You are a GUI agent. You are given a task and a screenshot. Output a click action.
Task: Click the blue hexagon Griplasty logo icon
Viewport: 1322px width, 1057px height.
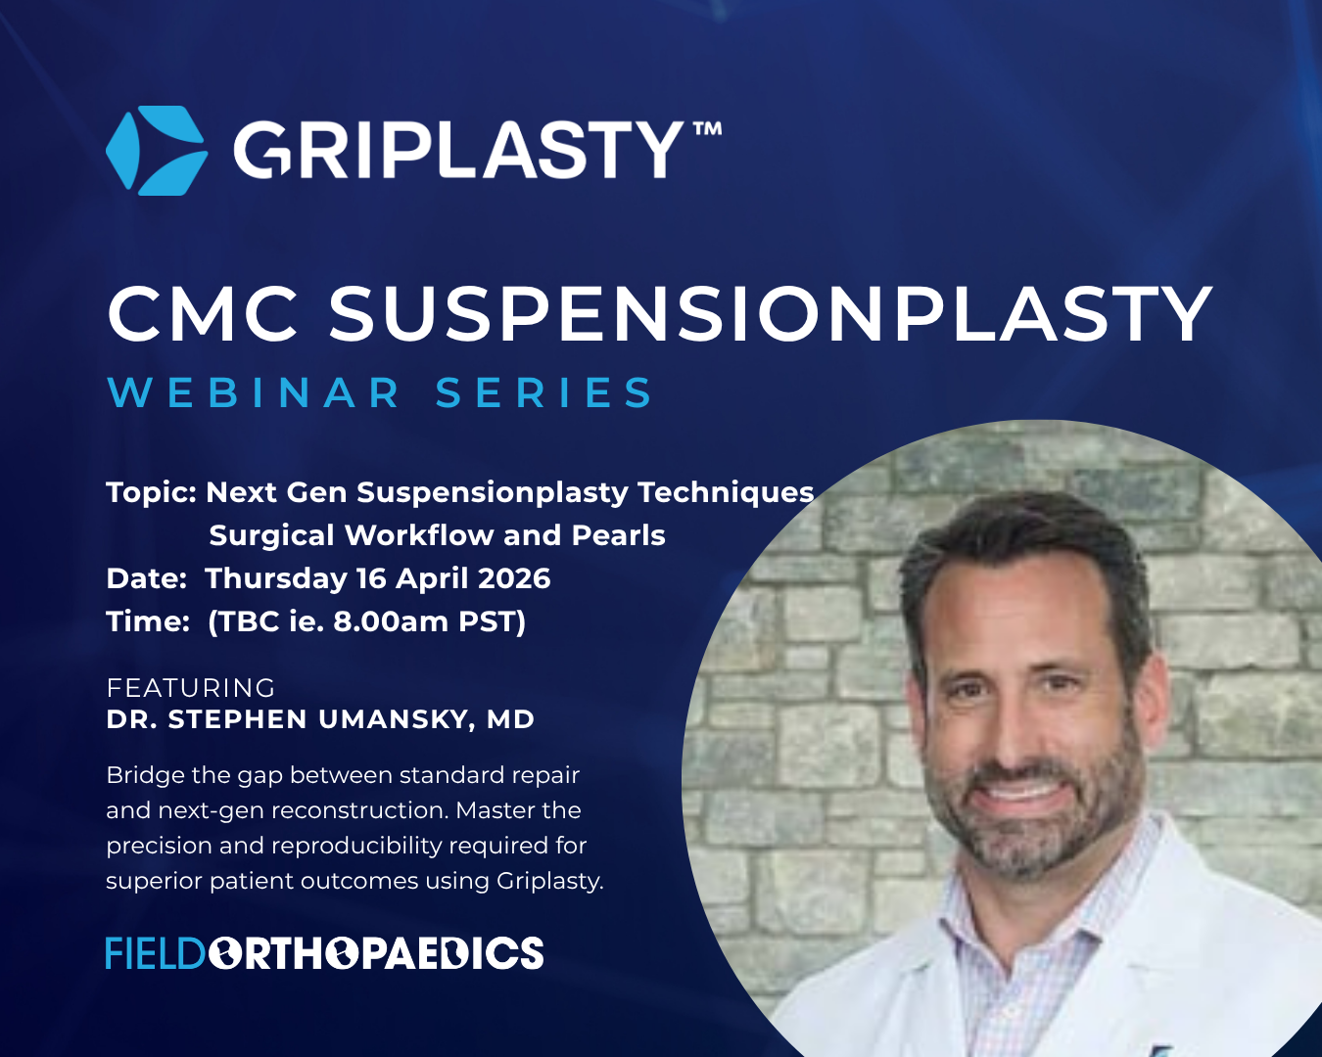[x=157, y=151]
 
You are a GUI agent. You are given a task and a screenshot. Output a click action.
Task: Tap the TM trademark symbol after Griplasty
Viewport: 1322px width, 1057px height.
[x=707, y=129]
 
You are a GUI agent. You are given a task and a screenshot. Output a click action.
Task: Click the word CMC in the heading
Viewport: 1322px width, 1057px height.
[x=204, y=314]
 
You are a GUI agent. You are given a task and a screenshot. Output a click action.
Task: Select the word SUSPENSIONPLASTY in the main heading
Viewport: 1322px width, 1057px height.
[x=771, y=314]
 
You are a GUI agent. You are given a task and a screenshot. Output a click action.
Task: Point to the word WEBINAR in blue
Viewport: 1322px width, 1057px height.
[x=254, y=392]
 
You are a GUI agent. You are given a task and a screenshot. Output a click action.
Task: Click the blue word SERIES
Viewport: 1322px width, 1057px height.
[x=544, y=392]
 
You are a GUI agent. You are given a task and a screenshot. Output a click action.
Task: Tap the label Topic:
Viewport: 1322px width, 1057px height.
[x=151, y=492]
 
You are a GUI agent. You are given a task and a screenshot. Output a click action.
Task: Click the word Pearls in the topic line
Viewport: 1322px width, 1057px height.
[x=619, y=535]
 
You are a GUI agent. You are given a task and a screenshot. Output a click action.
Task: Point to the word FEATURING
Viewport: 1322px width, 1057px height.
[x=191, y=688]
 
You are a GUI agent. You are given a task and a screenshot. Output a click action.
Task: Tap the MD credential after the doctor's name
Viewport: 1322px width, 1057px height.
[x=510, y=719]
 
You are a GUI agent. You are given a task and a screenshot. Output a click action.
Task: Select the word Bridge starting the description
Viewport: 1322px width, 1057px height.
[x=145, y=776]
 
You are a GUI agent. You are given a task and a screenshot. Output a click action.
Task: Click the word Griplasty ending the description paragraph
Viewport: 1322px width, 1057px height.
[x=549, y=882]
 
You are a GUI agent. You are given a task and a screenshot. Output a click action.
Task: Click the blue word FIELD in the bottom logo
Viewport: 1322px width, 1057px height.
[x=155, y=953]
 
